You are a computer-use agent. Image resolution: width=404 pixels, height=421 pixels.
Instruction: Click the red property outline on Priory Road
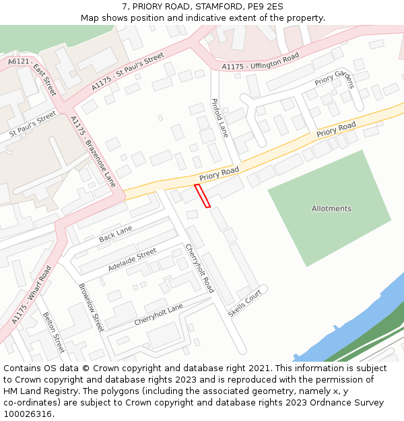pyautogui.click(x=203, y=195)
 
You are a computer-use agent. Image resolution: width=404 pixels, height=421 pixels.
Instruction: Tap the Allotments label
pyautogui.click(x=331, y=209)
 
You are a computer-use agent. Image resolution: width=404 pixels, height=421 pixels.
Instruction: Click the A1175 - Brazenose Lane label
pyautogui.click(x=93, y=152)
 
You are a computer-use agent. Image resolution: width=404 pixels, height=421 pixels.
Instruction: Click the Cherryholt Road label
pyautogui.click(x=200, y=267)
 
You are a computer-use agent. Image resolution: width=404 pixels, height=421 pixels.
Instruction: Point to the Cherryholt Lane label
pyautogui.click(x=158, y=314)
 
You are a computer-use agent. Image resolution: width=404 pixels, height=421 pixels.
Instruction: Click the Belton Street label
pyautogui.click(x=53, y=333)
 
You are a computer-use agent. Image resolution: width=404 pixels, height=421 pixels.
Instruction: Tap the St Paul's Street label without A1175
pyautogui.click(x=33, y=125)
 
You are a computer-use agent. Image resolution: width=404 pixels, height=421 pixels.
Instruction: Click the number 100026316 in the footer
pyautogui.click(x=28, y=414)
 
